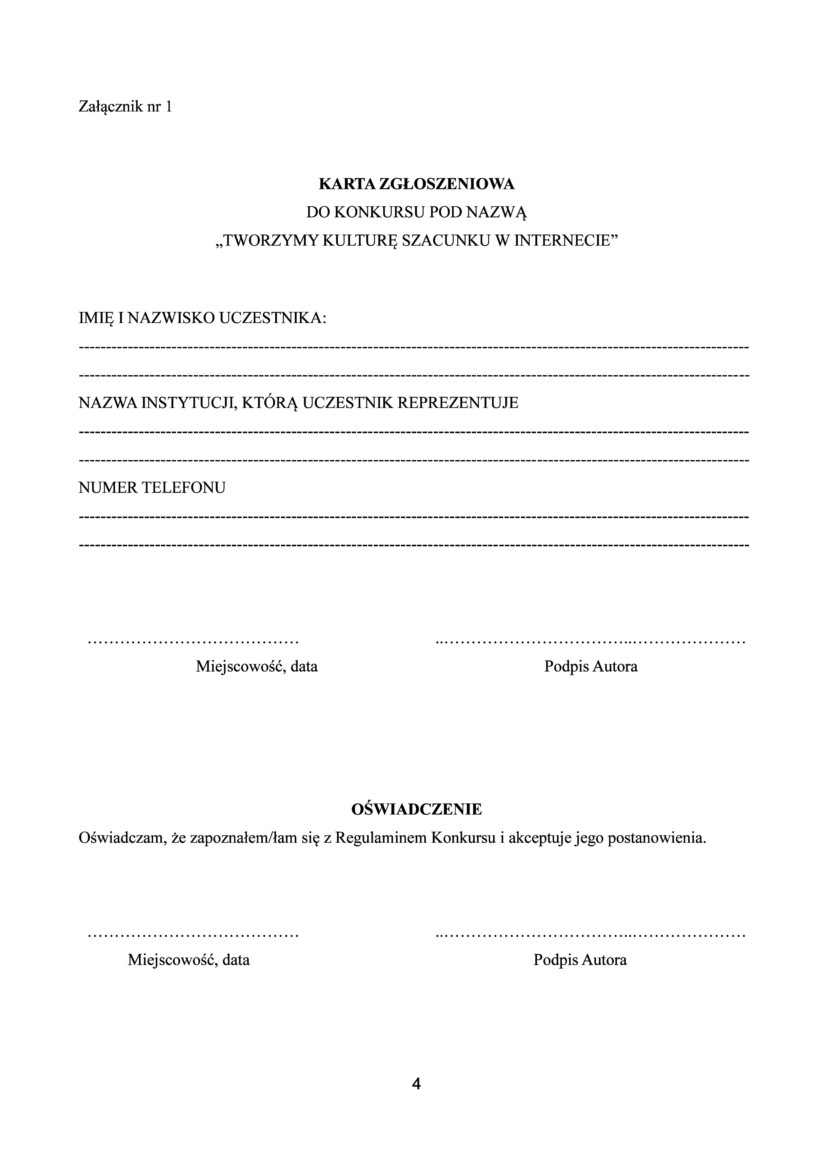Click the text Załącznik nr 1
pos(125,107)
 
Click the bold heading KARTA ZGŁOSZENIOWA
pos(417,184)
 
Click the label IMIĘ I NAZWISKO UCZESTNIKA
pos(202,318)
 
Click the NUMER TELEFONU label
pos(152,487)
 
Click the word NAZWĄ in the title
pos(497,213)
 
